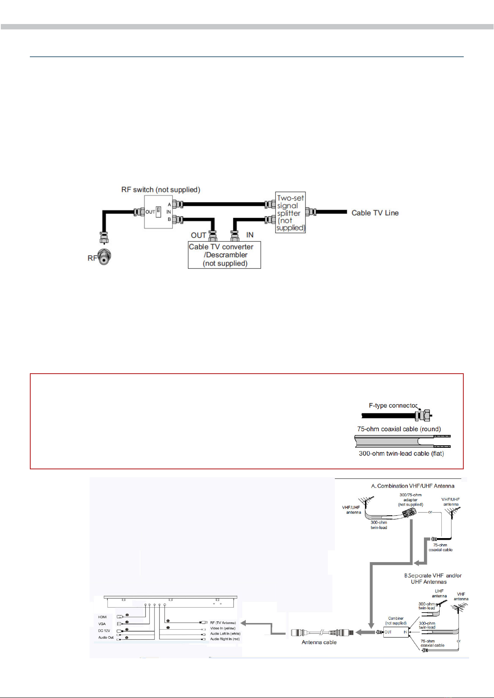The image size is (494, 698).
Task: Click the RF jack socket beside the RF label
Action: pyautogui.click(x=104, y=257)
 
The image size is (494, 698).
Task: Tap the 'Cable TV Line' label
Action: pyautogui.click(x=375, y=213)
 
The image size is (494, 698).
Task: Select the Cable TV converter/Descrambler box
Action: pyautogui.click(x=224, y=255)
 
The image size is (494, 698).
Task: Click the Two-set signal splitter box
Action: pyautogui.click(x=291, y=213)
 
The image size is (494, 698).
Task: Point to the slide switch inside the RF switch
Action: pyautogui.click(x=158, y=210)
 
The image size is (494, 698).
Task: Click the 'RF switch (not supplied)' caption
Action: pyautogui.click(x=160, y=190)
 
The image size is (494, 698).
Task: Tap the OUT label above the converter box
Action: pyautogui.click(x=199, y=235)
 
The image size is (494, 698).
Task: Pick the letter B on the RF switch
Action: pyautogui.click(x=169, y=219)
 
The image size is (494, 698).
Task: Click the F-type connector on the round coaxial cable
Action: pyautogui.click(x=423, y=415)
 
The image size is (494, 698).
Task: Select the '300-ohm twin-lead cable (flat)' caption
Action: pyautogui.click(x=401, y=454)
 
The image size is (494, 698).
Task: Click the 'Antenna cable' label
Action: pyautogui.click(x=319, y=642)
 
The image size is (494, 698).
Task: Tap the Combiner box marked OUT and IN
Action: pyautogui.click(x=396, y=632)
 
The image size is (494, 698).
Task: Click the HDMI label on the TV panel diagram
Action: pyautogui.click(x=102, y=617)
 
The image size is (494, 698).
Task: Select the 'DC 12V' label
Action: pyautogui.click(x=104, y=631)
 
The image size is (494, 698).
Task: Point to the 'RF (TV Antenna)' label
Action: pyautogui.click(x=223, y=623)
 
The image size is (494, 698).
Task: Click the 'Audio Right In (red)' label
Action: pyautogui.click(x=225, y=639)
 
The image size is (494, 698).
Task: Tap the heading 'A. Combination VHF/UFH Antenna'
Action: pyautogui.click(x=412, y=486)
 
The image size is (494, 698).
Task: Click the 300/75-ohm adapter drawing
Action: pyautogui.click(x=409, y=513)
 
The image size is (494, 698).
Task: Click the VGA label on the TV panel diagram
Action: pyautogui.click(x=102, y=624)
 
